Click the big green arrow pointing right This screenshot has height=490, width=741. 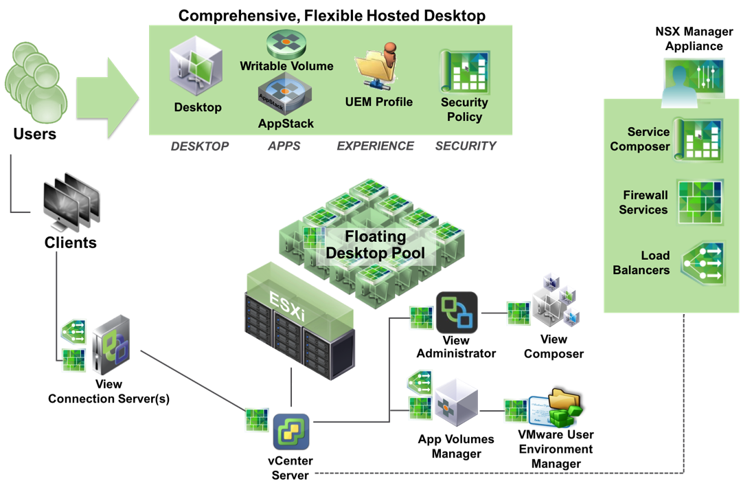click(x=106, y=98)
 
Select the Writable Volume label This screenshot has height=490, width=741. click(x=286, y=66)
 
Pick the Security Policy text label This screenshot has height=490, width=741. click(x=464, y=109)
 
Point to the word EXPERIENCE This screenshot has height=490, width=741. click(x=376, y=146)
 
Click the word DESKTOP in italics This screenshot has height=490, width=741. click(x=199, y=146)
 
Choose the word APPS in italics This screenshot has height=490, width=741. click(x=284, y=146)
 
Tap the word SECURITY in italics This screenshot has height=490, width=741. click(x=466, y=146)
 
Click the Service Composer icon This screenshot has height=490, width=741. click(x=698, y=140)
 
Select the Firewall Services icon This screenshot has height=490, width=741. click(x=700, y=202)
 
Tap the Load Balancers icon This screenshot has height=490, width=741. click(x=703, y=263)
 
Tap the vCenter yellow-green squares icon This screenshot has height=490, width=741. click(x=291, y=431)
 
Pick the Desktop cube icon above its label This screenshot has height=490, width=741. click(x=196, y=65)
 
